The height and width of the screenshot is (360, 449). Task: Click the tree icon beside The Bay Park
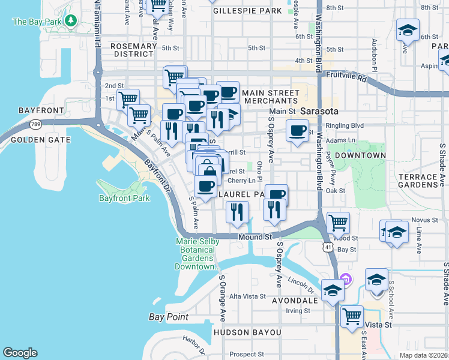[71, 22]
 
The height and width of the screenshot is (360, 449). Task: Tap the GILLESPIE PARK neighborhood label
[247, 11]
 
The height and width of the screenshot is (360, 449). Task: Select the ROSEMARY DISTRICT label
[133, 50]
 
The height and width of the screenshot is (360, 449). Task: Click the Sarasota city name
[319, 112]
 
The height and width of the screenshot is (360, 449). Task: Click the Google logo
[20, 353]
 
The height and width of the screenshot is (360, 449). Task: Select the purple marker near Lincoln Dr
[345, 279]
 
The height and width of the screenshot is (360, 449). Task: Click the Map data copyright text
[423, 355]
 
